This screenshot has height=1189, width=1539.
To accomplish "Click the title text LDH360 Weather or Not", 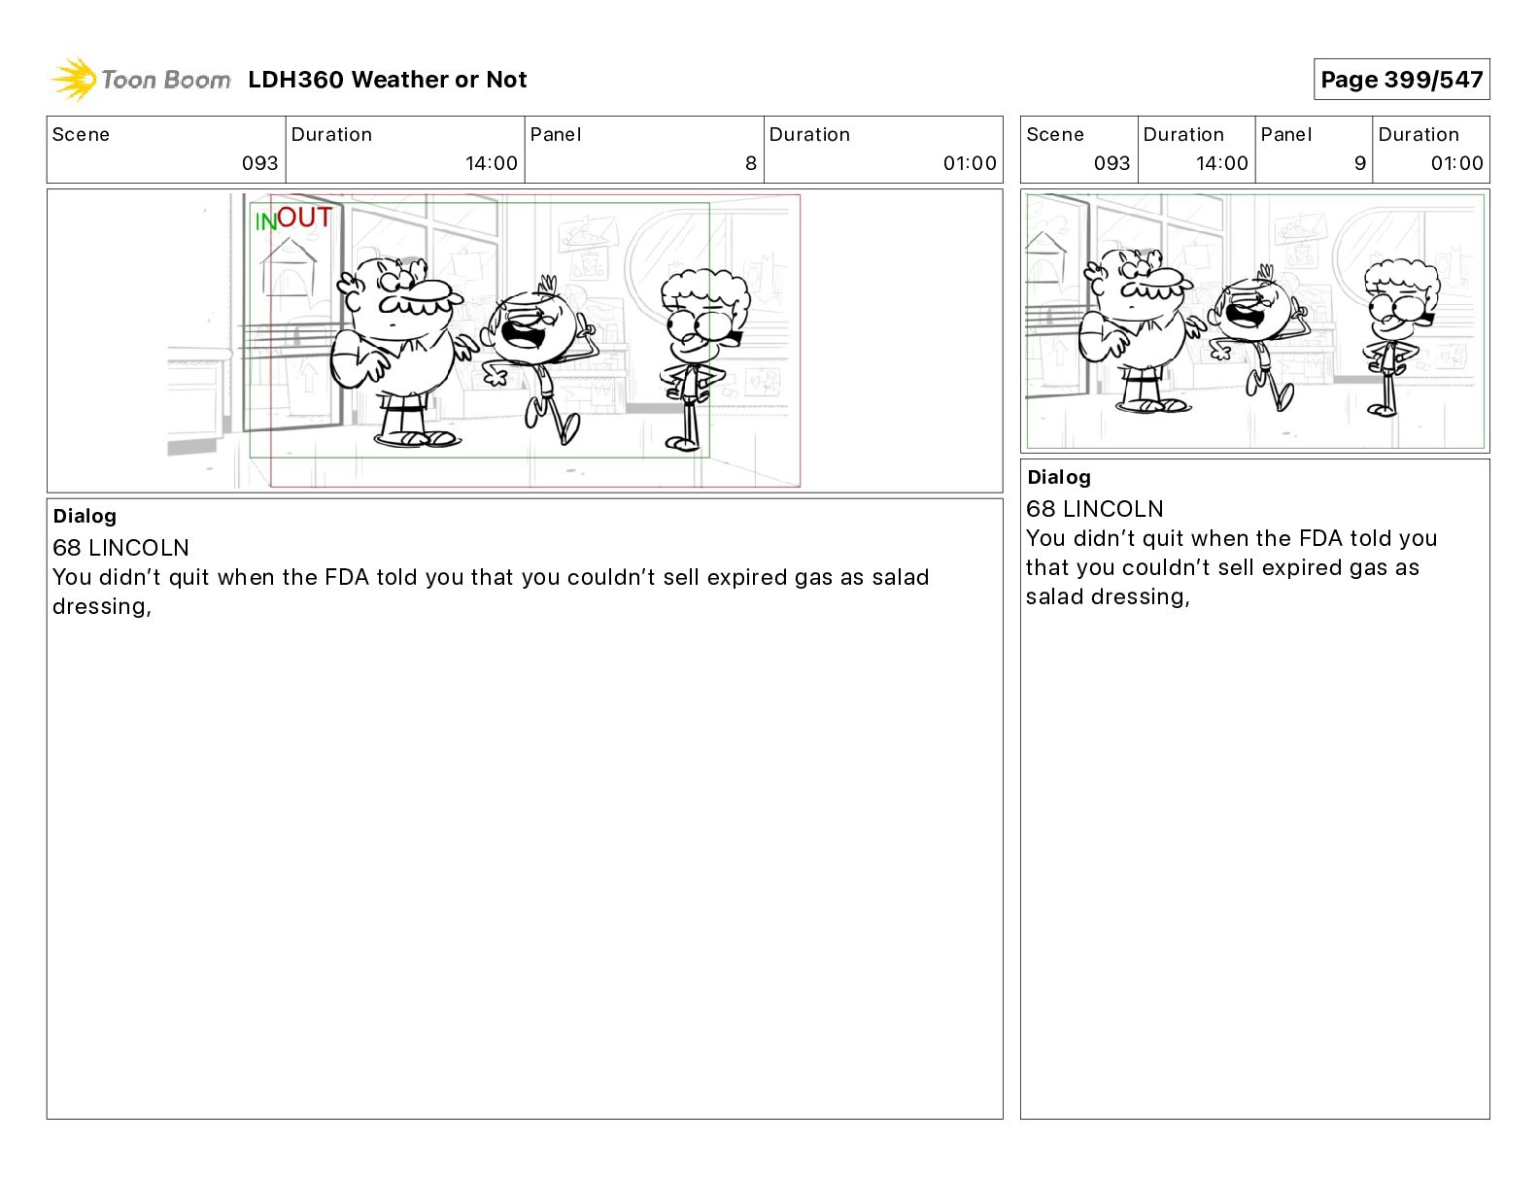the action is point(388,80).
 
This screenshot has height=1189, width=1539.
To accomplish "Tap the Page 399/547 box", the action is point(1402,80).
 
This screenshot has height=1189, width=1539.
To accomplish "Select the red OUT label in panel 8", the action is point(304,218).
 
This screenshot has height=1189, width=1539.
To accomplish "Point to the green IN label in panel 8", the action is point(265,221).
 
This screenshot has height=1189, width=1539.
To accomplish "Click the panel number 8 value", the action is point(751,163).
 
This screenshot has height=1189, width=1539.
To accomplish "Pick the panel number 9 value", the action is point(1360,163).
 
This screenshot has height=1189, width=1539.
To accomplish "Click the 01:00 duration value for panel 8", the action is point(970,163).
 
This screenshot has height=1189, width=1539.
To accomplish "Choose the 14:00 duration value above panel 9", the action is point(1222,163).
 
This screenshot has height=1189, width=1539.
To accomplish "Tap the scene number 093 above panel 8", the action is point(260,163).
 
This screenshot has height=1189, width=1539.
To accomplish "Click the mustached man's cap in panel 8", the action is point(432,290).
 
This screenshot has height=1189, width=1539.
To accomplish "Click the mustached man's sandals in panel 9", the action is point(1153,406).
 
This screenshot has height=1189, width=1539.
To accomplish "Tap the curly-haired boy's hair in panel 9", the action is point(1402,281).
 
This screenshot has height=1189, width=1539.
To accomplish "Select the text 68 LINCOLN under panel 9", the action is point(1094,509).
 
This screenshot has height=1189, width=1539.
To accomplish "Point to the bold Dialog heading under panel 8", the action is point(85,516).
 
